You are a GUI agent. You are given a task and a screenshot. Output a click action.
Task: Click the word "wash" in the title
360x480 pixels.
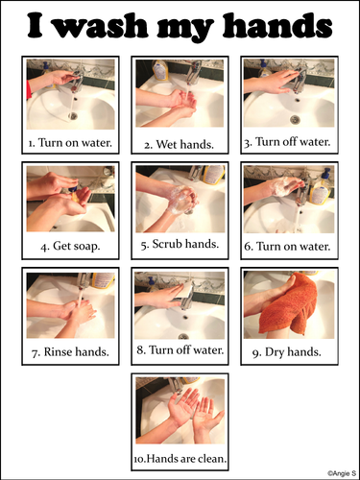click(101, 26)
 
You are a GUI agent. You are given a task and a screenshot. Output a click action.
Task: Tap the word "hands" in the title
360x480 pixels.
click(277, 25)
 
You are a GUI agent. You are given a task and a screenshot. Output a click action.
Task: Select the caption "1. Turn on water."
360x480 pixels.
click(70, 143)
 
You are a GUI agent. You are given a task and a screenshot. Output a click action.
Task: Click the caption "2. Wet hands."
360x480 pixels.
click(179, 145)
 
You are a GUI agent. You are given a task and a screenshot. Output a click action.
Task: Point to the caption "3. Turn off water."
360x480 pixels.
click(287, 142)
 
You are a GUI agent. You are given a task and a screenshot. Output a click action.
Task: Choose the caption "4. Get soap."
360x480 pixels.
click(70, 246)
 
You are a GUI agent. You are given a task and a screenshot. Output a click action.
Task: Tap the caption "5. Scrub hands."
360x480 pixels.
click(180, 244)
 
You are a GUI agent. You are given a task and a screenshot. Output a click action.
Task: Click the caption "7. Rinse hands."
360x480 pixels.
click(70, 352)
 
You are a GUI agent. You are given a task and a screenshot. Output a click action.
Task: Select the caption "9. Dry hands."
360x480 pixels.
click(286, 352)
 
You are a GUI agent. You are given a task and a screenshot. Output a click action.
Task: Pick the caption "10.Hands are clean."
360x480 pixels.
click(180, 459)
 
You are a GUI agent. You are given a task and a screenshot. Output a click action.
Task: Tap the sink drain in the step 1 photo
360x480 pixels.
click(73, 115)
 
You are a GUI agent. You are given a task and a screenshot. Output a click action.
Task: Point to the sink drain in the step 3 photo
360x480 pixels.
click(295, 119)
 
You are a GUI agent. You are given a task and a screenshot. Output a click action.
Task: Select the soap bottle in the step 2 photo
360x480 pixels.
click(159, 70)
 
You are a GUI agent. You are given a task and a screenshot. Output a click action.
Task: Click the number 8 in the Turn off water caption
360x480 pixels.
click(140, 350)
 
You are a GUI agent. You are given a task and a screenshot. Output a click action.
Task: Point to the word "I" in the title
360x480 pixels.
click(35, 25)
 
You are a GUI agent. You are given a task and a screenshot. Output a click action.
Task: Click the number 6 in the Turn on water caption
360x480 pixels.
click(248, 247)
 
